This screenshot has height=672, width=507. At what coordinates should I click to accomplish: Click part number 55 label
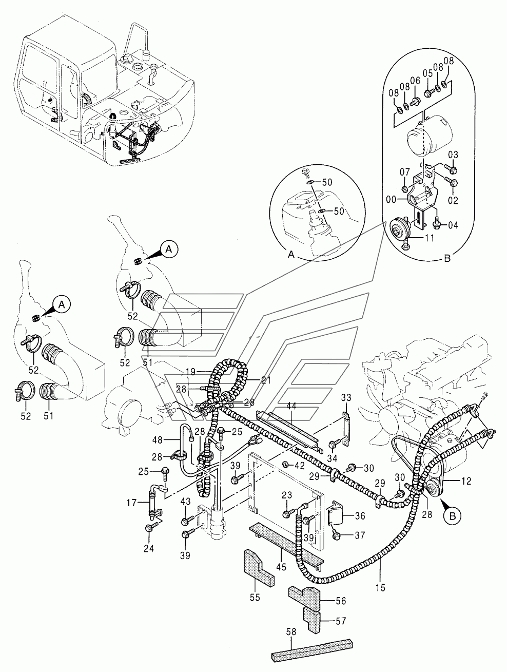click(255, 597)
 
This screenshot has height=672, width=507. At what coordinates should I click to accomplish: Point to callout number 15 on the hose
click(380, 586)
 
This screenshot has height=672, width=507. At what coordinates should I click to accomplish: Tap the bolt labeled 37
click(337, 535)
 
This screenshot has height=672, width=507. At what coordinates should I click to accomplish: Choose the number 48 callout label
click(158, 439)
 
